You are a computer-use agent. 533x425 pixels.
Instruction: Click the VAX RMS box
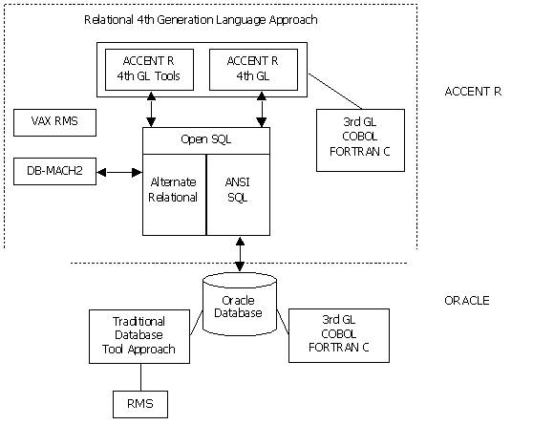coord(54,122)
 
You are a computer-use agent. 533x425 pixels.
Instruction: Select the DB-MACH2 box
coord(54,171)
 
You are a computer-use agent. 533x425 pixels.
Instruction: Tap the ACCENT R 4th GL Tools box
coord(149,70)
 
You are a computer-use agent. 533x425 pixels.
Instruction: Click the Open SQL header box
coord(206,140)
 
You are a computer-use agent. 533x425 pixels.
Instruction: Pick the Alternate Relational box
coord(174,195)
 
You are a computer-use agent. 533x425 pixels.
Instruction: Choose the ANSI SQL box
coord(238,195)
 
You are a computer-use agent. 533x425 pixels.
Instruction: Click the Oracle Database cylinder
coord(240,304)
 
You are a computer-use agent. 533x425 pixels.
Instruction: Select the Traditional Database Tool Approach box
coord(139,336)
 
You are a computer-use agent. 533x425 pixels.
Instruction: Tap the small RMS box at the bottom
coord(140,404)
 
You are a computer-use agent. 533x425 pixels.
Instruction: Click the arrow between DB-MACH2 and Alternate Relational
coord(119,172)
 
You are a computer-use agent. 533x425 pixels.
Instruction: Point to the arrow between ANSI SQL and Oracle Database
coord(240,254)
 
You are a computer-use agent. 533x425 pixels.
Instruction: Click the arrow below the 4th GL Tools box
coord(151,110)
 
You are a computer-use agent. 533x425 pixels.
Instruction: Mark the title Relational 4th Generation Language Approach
coord(201,20)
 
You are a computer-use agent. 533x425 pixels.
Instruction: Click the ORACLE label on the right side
coord(467,301)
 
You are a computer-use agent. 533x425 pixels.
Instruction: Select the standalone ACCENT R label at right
coord(473,92)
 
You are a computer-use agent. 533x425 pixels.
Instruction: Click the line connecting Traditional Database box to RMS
coord(140,377)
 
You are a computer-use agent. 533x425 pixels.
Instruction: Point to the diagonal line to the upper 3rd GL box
coord(335,92)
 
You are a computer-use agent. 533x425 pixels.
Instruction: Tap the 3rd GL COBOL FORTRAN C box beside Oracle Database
coord(339,335)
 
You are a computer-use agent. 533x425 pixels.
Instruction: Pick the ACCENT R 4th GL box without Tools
coord(253,70)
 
